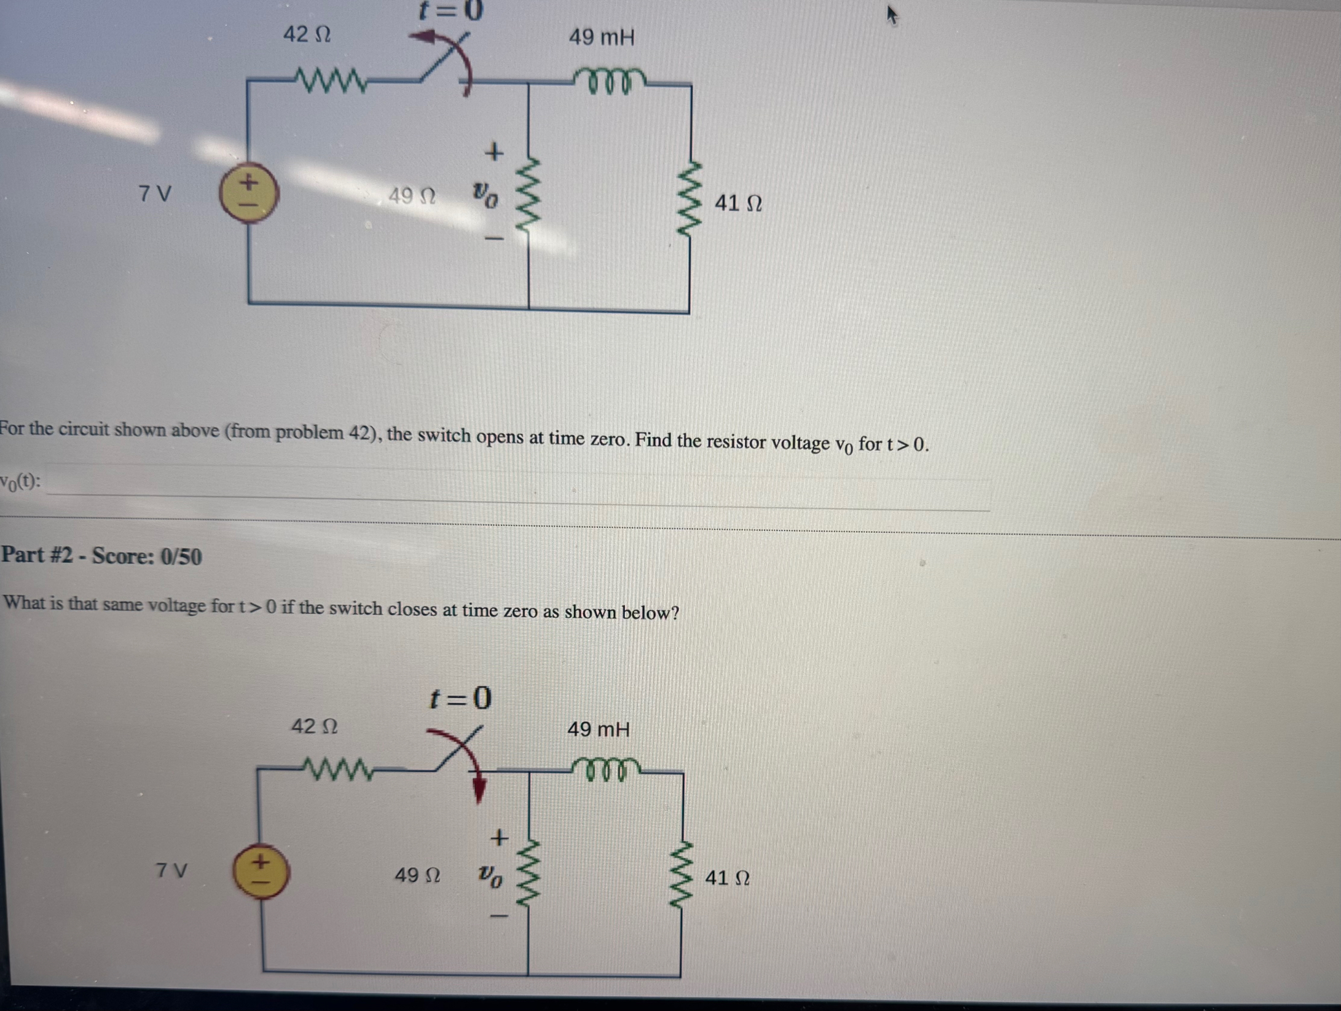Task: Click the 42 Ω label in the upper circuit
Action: tap(307, 34)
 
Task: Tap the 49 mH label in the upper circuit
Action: tap(601, 37)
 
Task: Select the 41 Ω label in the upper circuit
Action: tap(737, 203)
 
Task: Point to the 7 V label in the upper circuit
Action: tap(155, 194)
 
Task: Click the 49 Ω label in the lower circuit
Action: tap(417, 875)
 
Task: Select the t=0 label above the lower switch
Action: tap(460, 699)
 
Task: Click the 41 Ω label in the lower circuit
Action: tap(726, 878)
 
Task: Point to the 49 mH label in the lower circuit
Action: tap(598, 730)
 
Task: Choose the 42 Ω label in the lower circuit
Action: tap(313, 726)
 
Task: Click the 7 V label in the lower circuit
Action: tap(171, 870)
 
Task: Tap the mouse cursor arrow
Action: tap(891, 15)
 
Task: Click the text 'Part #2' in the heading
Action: tap(36, 555)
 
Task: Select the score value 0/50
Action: tap(181, 557)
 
